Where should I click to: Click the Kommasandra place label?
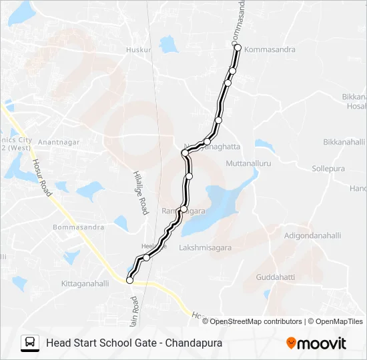tap(270, 50)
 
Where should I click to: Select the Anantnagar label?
tap(59, 142)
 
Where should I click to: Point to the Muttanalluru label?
tap(248, 163)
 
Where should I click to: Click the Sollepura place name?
tap(328, 169)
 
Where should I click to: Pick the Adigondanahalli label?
tap(312, 235)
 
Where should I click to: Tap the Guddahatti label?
tap(275, 277)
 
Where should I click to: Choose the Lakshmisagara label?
tap(205, 248)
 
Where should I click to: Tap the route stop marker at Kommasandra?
tap(237, 47)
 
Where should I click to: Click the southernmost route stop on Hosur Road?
tap(129, 281)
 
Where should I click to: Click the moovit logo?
tap(316, 343)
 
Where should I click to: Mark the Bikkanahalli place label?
tap(344, 142)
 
